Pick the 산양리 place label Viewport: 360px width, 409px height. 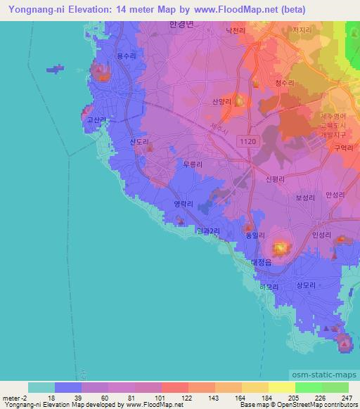221,101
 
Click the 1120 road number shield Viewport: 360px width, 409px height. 248,142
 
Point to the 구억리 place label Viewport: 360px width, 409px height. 342,148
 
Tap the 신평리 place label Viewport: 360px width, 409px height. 274,179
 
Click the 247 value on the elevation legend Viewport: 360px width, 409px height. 347,397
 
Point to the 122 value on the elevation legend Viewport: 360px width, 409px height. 187,397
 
